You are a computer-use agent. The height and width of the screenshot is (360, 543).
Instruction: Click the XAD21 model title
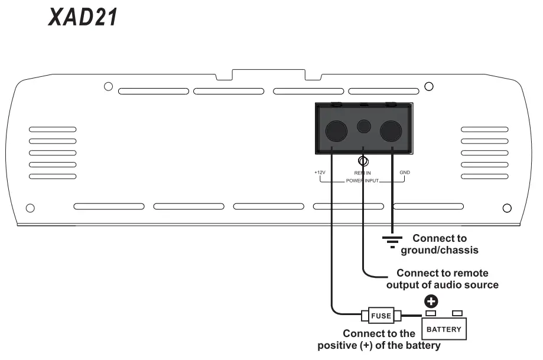point(83,17)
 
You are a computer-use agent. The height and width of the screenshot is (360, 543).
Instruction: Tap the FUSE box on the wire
point(381,316)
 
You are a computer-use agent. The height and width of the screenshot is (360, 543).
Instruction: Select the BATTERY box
point(444,329)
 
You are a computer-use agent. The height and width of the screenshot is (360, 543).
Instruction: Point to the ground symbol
point(392,241)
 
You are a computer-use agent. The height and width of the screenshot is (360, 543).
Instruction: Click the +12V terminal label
point(320,173)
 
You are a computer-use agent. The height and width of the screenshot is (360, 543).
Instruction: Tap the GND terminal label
point(405,173)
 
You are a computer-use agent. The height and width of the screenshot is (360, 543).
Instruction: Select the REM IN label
point(362,173)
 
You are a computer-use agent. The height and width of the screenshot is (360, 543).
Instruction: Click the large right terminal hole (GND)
point(390,131)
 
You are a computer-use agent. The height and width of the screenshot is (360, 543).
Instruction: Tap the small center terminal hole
point(364,126)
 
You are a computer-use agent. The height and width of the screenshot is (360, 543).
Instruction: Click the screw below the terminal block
point(364,161)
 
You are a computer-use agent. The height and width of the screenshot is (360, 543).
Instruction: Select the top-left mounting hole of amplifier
point(108,87)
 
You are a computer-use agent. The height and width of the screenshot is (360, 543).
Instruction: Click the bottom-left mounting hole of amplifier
point(31,207)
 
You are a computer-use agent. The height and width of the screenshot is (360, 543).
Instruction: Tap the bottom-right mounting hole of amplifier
point(506,207)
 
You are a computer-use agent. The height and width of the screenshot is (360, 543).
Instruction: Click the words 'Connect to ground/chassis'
point(439,244)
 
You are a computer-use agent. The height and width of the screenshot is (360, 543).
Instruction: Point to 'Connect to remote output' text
point(442,279)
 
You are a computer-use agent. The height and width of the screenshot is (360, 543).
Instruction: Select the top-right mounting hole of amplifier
point(430,87)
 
